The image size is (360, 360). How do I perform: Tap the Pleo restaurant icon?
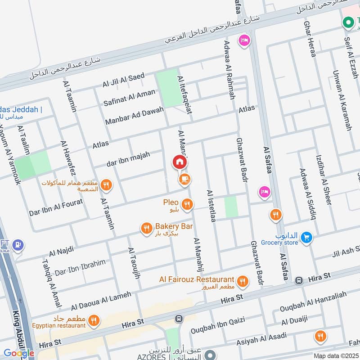tap(187, 205)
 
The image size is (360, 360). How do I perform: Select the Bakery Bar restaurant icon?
tap(146, 229)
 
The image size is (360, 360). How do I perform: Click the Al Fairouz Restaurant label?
tap(197, 280)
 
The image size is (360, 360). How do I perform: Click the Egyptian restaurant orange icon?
tap(93, 321)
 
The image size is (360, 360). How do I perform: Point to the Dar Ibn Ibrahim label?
tap(80, 268)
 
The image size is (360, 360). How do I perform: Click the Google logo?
tap(19, 353)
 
